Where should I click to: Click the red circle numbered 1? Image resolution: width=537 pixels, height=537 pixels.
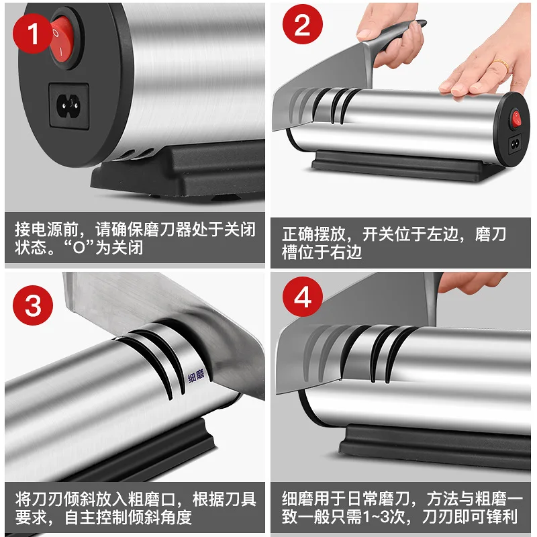coord(32,34)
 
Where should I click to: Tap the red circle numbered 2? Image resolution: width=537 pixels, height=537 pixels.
coord(303,24)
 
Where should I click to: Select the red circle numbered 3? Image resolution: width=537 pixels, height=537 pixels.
coord(33,305)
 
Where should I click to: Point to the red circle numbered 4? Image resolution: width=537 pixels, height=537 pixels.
coord(303,297)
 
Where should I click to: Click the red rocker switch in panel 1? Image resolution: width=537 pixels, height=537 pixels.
coord(62,40)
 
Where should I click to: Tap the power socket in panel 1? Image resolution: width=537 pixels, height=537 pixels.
coord(69,105)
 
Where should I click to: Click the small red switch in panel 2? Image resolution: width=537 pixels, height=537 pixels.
coord(516,119)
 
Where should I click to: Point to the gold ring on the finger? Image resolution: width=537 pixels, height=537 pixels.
coord(501,64)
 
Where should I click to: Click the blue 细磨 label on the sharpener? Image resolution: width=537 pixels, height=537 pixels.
coord(196,376)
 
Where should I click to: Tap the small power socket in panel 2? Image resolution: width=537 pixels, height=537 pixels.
coord(515,144)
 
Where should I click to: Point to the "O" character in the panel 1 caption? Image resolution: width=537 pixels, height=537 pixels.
coord(79,247)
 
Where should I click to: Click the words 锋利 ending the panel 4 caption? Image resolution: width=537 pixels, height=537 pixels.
coord(501,516)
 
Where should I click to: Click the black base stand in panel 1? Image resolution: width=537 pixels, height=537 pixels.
coord(178,171)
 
